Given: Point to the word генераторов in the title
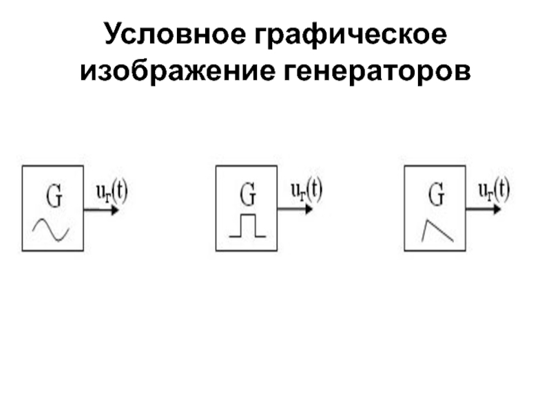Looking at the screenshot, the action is click(375, 70).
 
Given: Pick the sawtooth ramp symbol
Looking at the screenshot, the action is click(436, 230).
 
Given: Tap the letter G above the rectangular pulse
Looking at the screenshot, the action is click(247, 198).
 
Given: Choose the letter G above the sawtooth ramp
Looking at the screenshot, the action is click(436, 198).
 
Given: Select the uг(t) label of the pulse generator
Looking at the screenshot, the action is click(306, 189).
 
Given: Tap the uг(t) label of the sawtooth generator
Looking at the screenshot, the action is click(494, 189).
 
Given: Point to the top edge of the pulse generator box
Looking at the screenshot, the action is click(247, 166).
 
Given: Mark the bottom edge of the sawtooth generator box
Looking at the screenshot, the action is click(436, 250).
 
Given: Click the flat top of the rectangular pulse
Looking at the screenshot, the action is click(247, 217).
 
